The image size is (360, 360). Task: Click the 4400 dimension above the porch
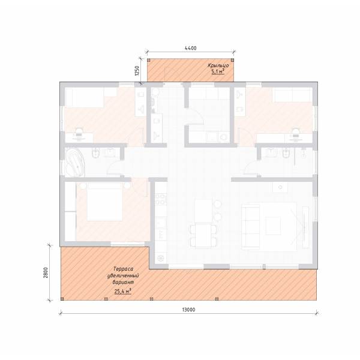(191, 48)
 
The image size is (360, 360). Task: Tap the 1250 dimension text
(137, 71)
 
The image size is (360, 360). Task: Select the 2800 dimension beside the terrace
(46, 272)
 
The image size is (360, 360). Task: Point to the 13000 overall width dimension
(189, 310)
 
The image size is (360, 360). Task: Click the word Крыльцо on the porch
(218, 65)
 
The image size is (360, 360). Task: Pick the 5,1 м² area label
(218, 71)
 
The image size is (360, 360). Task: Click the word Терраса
(123, 269)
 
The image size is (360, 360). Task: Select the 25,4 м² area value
(123, 292)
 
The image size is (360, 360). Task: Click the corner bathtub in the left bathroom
(75, 163)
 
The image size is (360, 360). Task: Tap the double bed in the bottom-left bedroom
(104, 202)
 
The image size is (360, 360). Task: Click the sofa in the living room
(250, 227)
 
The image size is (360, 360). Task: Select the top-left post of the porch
(149, 60)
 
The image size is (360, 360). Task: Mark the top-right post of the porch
(232, 60)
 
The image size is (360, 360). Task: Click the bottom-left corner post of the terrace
(62, 299)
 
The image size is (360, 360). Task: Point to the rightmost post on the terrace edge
(217, 299)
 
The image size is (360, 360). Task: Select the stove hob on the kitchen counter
(161, 199)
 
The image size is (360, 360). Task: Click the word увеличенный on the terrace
(123, 275)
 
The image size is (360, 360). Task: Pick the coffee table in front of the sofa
(273, 226)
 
